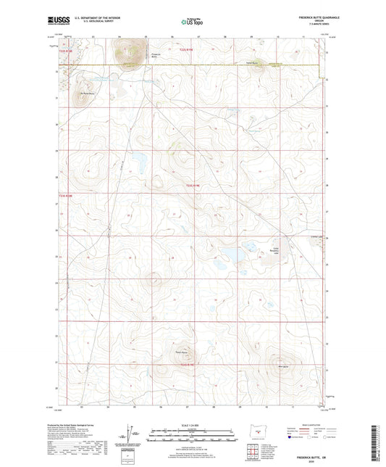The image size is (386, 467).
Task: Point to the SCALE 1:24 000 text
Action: (x=193, y=425)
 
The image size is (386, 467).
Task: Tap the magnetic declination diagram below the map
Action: (x=130, y=436)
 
